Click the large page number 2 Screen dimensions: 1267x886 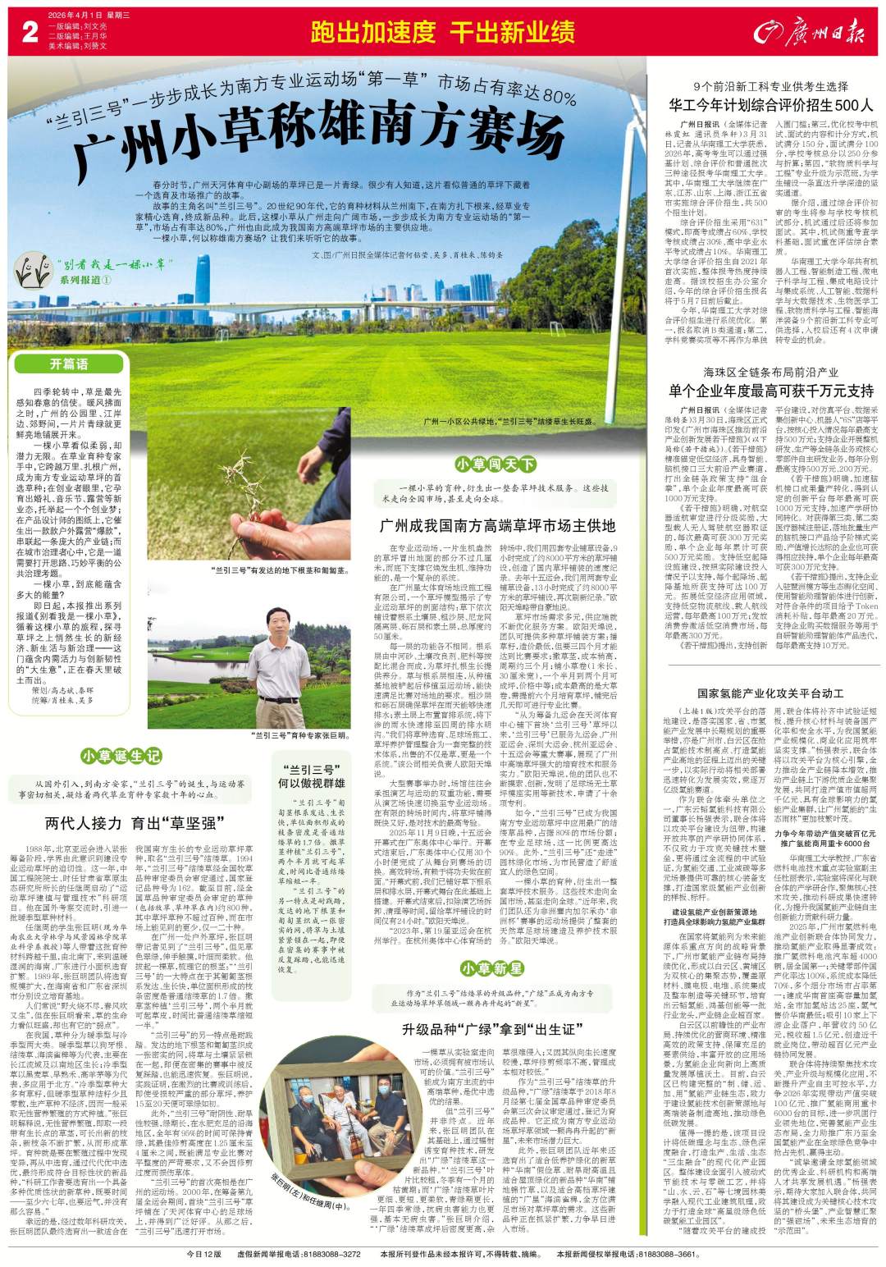click(30, 33)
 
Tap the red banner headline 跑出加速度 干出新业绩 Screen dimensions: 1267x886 click(442, 33)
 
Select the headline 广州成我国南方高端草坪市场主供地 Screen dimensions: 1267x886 click(497, 524)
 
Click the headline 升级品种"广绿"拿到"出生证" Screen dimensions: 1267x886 click(499, 1028)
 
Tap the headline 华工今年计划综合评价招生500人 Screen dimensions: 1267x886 click(771, 105)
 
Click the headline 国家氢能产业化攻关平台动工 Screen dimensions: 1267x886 click(771, 693)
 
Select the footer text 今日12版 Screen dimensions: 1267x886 click(204, 1255)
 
